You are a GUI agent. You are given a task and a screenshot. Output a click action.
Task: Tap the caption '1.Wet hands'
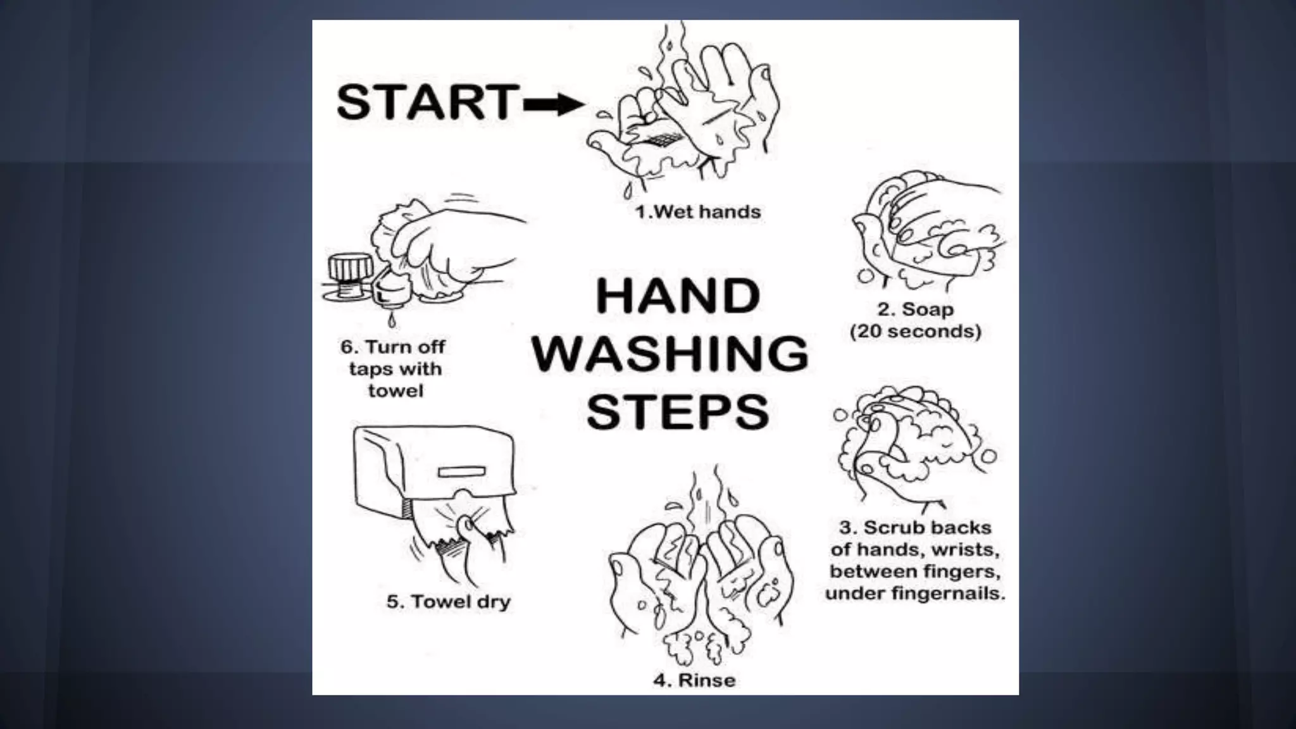(x=698, y=211)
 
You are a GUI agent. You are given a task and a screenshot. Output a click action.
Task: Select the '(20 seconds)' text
(x=915, y=331)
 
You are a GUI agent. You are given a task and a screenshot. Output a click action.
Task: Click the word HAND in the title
(x=678, y=296)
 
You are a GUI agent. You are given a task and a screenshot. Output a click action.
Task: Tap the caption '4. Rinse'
(x=694, y=680)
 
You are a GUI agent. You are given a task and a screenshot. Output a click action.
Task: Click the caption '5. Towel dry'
(x=449, y=601)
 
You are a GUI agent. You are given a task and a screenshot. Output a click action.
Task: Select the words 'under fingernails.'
(x=915, y=594)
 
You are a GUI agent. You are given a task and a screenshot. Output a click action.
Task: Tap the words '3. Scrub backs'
(x=915, y=527)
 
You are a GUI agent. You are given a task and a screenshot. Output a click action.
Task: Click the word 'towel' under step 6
(x=396, y=390)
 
